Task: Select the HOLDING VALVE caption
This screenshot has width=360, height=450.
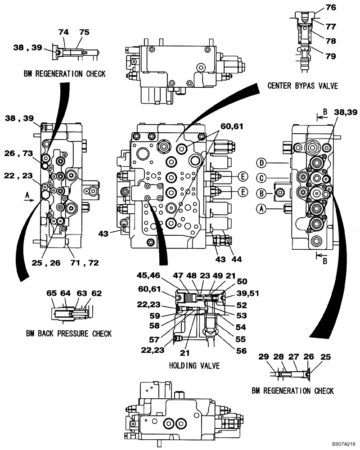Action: click(x=194, y=365)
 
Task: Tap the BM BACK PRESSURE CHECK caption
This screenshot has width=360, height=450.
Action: click(x=68, y=333)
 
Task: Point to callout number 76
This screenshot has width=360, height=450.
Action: click(x=331, y=8)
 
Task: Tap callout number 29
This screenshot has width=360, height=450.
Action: click(x=264, y=357)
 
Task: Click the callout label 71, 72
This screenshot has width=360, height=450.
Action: click(x=85, y=262)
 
